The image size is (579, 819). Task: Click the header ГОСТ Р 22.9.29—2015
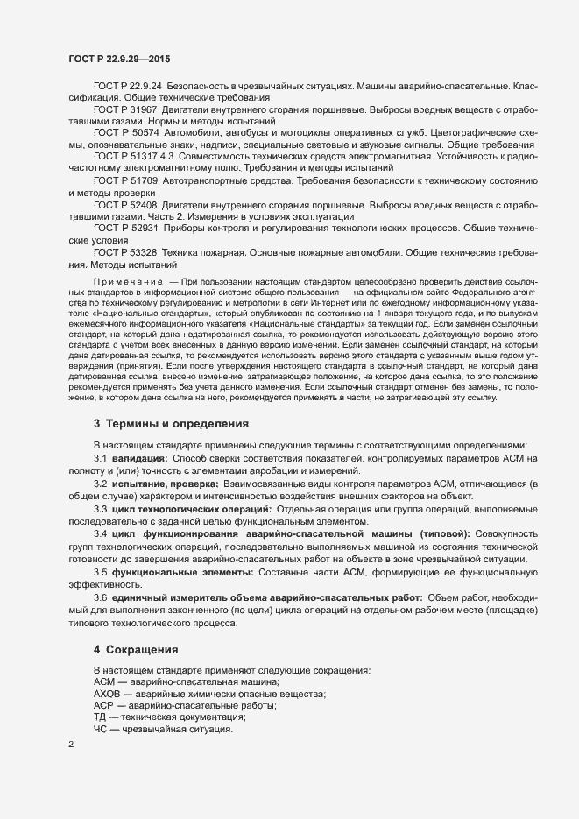click(x=119, y=58)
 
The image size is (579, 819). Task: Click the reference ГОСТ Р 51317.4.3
click(x=130, y=156)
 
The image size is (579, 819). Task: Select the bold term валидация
click(x=139, y=459)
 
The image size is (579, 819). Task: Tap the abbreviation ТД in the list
click(x=100, y=717)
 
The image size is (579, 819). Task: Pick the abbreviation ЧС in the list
click(x=100, y=729)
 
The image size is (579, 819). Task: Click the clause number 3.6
click(x=100, y=597)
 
